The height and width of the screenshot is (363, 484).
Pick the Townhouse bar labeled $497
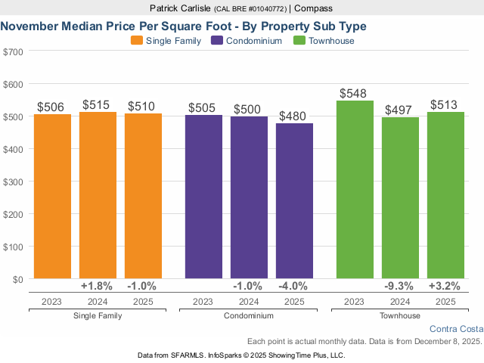pyautogui.click(x=400, y=197)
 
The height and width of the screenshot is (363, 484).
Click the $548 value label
pyautogui.click(x=355, y=94)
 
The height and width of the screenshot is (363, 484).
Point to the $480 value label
pyautogui.click(x=294, y=116)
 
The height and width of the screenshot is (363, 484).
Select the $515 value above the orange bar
pyautogui.click(x=98, y=104)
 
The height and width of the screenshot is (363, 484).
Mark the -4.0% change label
pyautogui.click(x=294, y=287)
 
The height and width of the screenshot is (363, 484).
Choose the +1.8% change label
pyautogui.click(x=98, y=287)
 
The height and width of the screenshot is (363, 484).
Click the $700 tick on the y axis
pyautogui.click(x=14, y=51)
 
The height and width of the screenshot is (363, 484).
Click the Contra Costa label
pyautogui.click(x=455, y=329)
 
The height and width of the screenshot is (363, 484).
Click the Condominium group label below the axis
pyautogui.click(x=249, y=315)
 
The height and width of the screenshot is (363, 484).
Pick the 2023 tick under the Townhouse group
pyautogui.click(x=355, y=302)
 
